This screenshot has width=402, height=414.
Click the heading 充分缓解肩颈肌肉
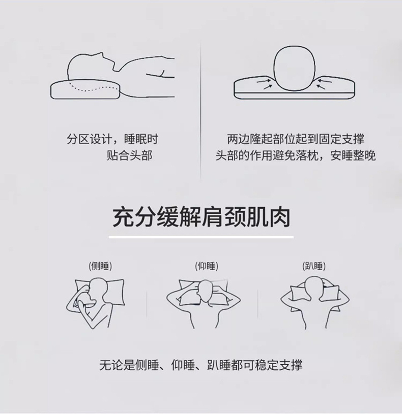(x=202, y=217)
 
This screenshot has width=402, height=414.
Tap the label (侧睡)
(x=100, y=266)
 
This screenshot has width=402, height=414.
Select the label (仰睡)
(x=207, y=266)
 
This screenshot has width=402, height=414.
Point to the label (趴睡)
(x=314, y=266)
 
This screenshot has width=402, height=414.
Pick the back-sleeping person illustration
(x=204, y=304)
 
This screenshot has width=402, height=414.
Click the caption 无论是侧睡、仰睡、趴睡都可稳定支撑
(x=201, y=365)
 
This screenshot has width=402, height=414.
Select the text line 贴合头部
(x=130, y=155)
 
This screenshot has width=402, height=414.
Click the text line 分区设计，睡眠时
(x=112, y=139)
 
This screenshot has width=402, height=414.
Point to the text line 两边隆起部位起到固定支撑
(x=296, y=139)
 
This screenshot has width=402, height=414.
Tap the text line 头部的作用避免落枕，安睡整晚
(x=296, y=155)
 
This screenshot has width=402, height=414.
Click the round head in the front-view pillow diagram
(x=294, y=69)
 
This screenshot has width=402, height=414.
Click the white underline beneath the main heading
(x=202, y=237)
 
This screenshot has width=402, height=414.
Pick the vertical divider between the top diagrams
(x=200, y=111)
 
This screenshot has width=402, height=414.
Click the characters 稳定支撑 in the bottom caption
(x=279, y=365)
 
